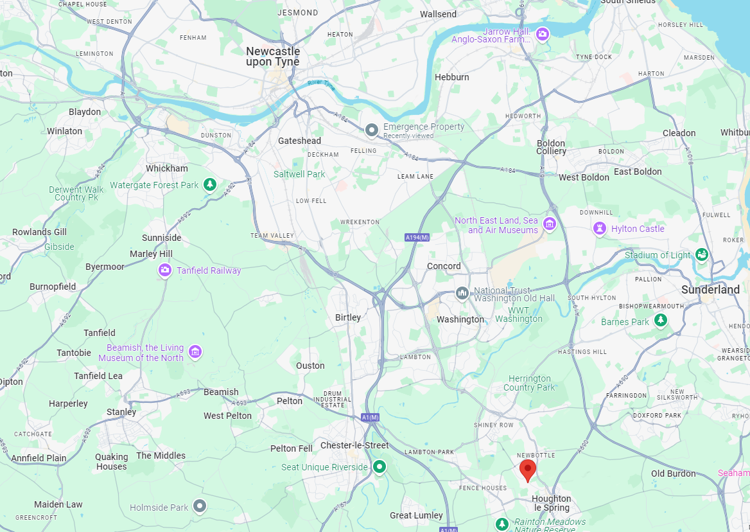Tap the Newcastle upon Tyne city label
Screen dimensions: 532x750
coord(273,57)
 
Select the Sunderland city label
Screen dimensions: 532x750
coord(710,290)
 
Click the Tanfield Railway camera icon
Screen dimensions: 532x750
coord(165,270)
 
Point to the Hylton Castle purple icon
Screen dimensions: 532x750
coord(600,229)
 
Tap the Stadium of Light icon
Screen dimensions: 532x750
coord(702,255)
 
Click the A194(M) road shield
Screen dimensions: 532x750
coord(416,238)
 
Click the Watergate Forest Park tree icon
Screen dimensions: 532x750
coord(209,185)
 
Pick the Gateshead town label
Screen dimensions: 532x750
coord(299,141)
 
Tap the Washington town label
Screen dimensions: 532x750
coord(460,319)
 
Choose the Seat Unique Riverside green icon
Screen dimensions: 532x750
coord(379,466)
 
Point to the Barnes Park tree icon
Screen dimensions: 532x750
coord(660,320)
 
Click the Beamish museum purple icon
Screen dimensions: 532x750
coord(195,352)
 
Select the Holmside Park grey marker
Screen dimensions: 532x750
coord(200,506)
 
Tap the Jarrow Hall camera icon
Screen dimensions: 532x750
coord(543,34)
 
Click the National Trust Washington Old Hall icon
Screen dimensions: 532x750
coord(462,294)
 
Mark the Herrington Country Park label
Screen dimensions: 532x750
coord(529,383)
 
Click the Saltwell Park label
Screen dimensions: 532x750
coord(299,174)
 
